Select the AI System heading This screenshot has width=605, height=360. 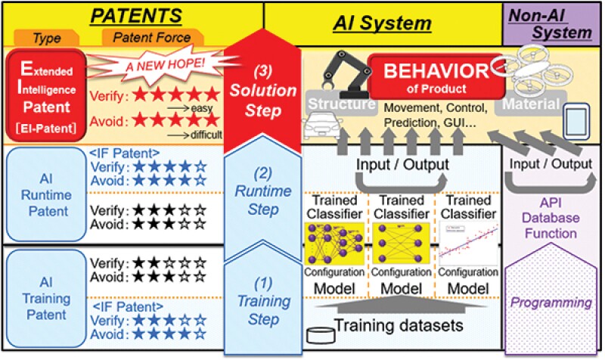(x=383, y=24)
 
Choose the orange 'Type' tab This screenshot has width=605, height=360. (x=46, y=37)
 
